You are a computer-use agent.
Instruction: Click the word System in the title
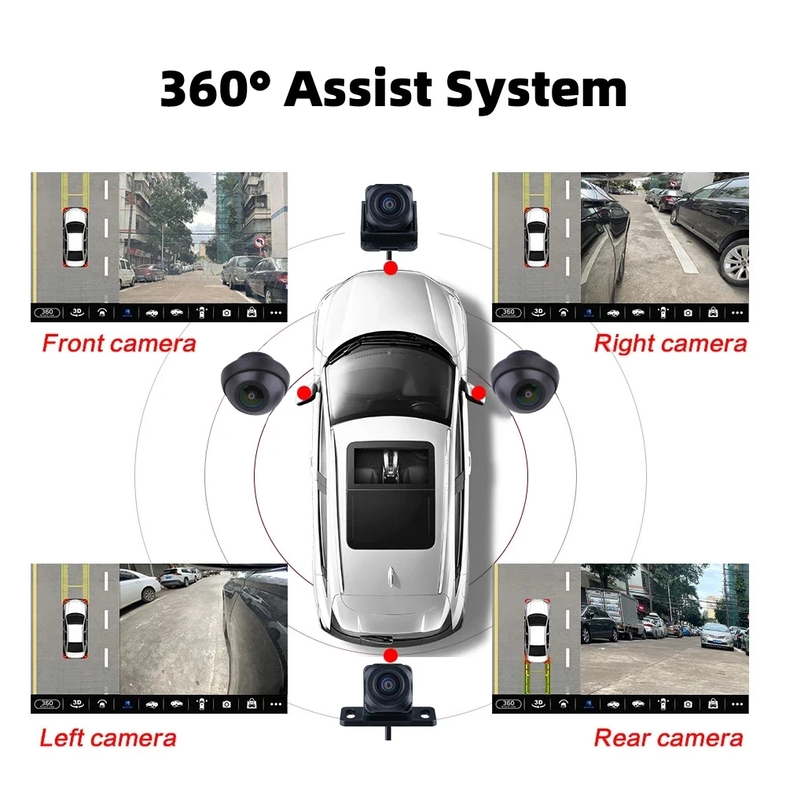tap(536, 90)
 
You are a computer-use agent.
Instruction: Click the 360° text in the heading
tap(217, 89)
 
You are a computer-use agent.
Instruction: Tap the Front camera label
tap(119, 343)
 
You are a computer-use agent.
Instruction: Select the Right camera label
tap(670, 343)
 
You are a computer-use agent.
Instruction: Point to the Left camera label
tap(108, 738)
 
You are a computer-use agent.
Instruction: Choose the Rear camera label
tap(668, 738)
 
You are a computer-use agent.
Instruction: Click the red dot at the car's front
tap(389, 269)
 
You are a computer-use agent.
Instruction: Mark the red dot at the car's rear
tap(388, 654)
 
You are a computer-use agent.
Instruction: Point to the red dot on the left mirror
tap(304, 391)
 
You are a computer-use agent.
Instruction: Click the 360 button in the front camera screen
tap(46, 312)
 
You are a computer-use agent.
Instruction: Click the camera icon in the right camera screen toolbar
tap(688, 312)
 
